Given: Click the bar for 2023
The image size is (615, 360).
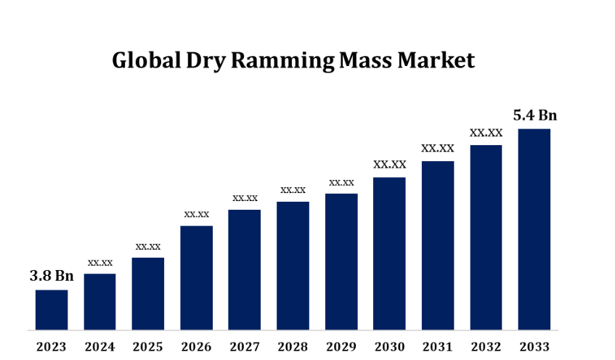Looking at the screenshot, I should [x=52, y=310].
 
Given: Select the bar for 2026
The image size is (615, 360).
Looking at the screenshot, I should [x=196, y=278].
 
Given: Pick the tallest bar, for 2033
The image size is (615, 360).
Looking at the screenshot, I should [x=534, y=229].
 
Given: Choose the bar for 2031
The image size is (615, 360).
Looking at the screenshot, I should [x=437, y=245].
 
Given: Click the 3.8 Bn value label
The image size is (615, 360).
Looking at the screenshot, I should [x=52, y=276].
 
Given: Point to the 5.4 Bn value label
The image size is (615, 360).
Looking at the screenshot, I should [x=535, y=115].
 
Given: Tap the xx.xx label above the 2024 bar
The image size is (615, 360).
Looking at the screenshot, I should [x=100, y=262].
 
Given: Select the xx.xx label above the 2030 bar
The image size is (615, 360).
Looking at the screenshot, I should [x=389, y=165].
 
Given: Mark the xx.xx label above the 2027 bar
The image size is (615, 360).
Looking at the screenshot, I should [x=245, y=197].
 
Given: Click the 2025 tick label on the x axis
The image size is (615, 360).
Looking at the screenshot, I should [x=148, y=346].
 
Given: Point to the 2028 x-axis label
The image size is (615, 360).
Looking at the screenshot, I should [x=293, y=346].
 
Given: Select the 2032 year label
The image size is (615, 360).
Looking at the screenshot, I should [x=486, y=346].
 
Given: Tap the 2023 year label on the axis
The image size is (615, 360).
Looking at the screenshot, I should [x=52, y=346].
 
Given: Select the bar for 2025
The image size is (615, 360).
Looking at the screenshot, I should [x=148, y=294].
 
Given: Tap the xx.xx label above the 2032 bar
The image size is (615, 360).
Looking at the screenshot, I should [x=486, y=133].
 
